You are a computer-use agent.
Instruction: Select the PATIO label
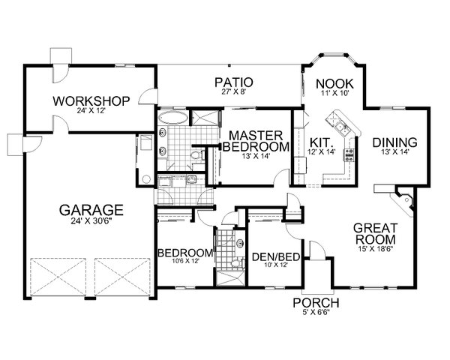[x=232, y=82]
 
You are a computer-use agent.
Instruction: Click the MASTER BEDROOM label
[x=255, y=139]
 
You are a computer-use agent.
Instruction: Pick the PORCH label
[x=316, y=303]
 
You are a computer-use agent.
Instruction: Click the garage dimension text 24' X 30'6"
[x=93, y=222]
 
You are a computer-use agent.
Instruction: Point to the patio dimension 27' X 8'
[x=232, y=94]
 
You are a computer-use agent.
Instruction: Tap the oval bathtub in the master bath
[x=172, y=118]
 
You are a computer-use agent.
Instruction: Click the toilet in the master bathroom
[x=196, y=156]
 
